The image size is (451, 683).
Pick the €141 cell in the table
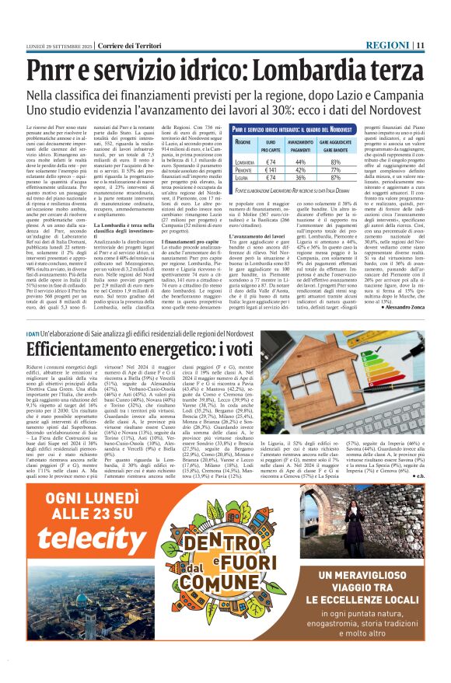click(x=271, y=168)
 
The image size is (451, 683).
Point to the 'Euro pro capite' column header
click(x=271, y=145)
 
